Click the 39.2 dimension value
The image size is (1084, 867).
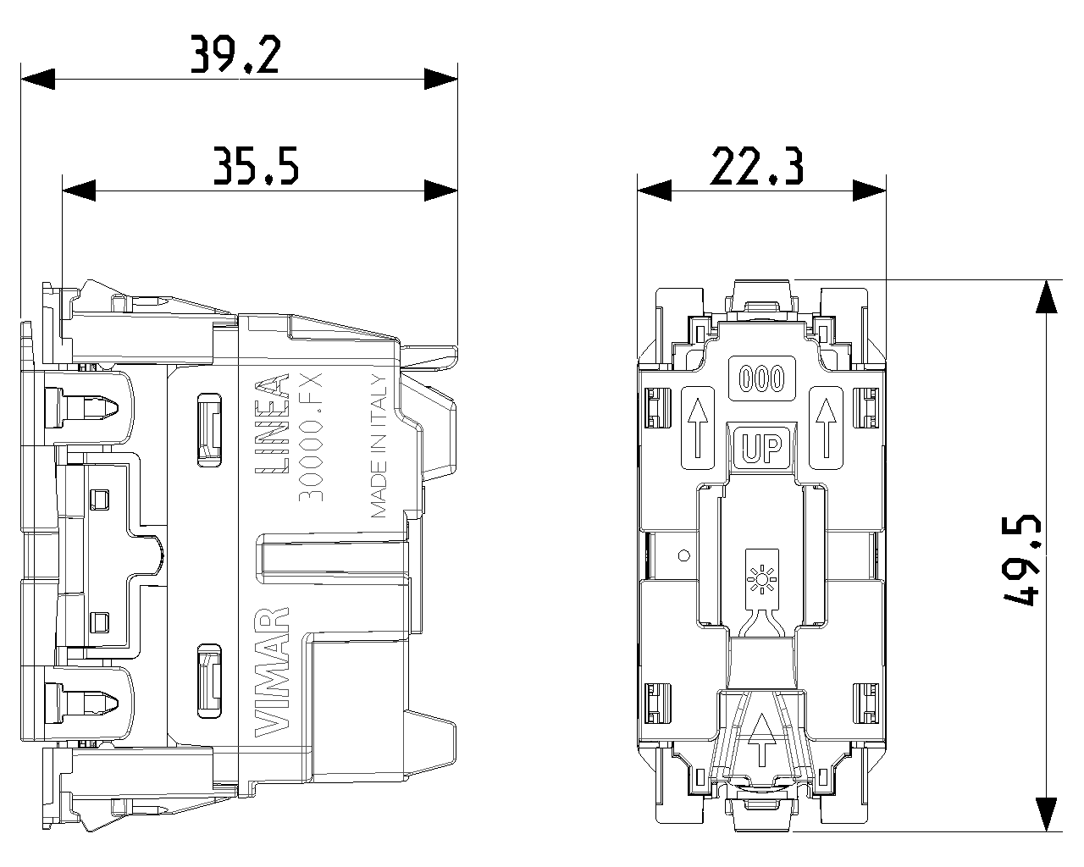(x=235, y=54)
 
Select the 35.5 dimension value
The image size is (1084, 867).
(x=256, y=166)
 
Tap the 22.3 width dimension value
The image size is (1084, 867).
(x=756, y=166)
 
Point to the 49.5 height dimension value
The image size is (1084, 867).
(x=1021, y=559)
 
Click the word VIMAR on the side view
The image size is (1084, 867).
(x=272, y=672)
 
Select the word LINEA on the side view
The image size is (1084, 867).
(x=272, y=423)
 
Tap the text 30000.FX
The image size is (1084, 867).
(x=310, y=437)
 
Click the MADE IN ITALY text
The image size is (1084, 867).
(x=379, y=446)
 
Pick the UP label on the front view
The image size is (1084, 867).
(x=761, y=447)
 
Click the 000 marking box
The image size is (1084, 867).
(x=761, y=378)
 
